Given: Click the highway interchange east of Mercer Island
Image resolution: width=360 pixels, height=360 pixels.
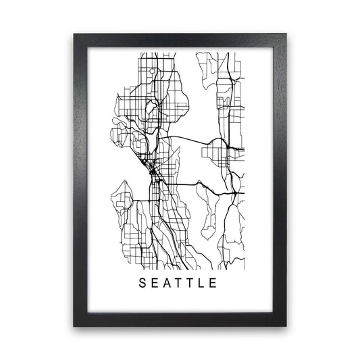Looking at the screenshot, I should click(x=236, y=192).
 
